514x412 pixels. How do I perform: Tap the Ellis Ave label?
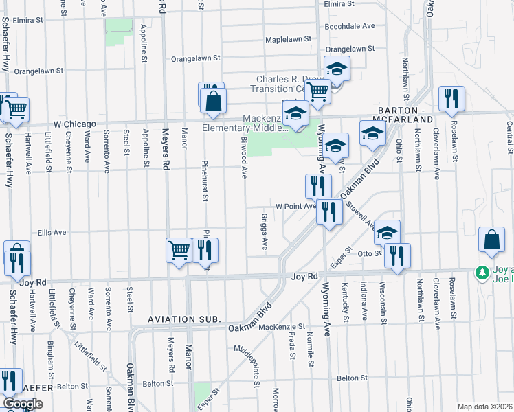click(x=52, y=233)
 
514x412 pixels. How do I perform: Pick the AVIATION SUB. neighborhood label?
click(x=183, y=320)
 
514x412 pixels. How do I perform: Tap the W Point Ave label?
click(x=295, y=205)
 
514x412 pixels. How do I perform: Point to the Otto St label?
click(x=369, y=253)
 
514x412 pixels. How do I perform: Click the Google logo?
click(x=22, y=404)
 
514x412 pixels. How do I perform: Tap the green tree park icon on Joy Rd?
click(x=482, y=273)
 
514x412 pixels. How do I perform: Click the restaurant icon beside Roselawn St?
click(x=451, y=98)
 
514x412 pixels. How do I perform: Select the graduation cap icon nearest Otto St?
click(x=387, y=231)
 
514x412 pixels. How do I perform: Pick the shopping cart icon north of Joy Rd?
click(x=179, y=249)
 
